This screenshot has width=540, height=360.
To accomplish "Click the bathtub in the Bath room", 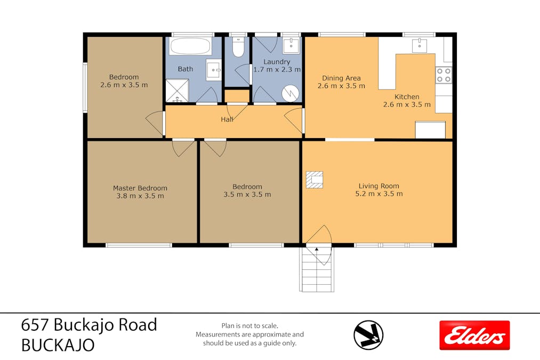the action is point(190,46).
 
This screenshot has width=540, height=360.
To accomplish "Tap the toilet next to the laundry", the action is point(238,47).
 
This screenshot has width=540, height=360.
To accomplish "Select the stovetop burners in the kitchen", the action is point(444,75).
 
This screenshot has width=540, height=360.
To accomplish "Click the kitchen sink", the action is point(420,45).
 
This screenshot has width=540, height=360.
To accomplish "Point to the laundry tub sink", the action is point(291,45).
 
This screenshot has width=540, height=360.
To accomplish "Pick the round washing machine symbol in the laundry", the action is point(291,93).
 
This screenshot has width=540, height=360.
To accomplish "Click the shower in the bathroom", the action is point(177,91).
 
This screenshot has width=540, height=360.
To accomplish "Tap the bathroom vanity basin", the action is point(214,70).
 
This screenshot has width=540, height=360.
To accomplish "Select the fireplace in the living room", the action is point(315,180).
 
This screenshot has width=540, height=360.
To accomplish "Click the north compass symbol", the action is point(368,335).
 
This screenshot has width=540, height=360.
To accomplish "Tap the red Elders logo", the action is point(474,335).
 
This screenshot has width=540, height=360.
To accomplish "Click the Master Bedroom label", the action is point(140,188).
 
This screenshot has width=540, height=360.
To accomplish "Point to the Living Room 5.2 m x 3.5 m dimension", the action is point(379,194).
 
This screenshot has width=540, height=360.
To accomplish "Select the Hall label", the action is point(227,119).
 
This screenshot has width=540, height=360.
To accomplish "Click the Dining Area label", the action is point(341,78).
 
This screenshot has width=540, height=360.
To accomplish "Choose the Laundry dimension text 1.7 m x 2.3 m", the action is point(277,69).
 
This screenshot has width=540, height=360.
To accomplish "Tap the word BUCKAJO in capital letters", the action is point(58,345).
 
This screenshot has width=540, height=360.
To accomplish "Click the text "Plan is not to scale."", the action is point(249,325).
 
